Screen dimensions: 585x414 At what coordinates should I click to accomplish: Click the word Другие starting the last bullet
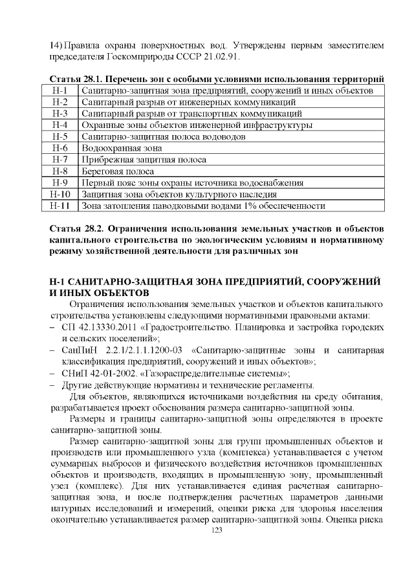tap(78, 385)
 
